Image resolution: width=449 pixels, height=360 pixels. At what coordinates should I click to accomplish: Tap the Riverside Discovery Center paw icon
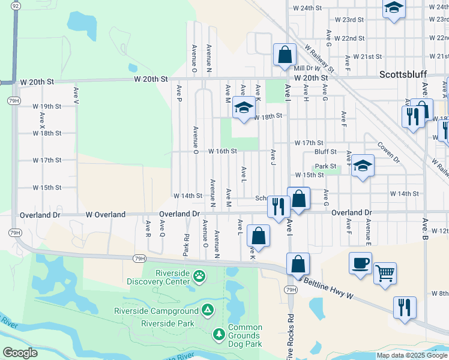(x=199, y=277)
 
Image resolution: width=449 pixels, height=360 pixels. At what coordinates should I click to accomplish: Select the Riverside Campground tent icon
(x=207, y=310)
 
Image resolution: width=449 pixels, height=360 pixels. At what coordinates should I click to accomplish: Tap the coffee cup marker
(x=360, y=263)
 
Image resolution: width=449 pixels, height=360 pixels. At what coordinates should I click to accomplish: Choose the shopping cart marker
(x=385, y=273)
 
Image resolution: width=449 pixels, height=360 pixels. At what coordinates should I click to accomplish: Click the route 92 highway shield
(x=16, y=4)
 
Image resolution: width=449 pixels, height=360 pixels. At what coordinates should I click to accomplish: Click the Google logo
(x=20, y=353)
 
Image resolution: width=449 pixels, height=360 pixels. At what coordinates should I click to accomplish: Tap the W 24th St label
(x=308, y=8)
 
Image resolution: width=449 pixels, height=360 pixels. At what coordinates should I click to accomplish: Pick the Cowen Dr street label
(x=388, y=154)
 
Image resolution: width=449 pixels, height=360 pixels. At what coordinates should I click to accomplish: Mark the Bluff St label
(x=325, y=152)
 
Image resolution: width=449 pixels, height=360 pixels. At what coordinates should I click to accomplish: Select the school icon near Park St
(x=363, y=165)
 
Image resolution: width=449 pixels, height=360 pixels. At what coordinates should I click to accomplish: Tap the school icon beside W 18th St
(x=243, y=108)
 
